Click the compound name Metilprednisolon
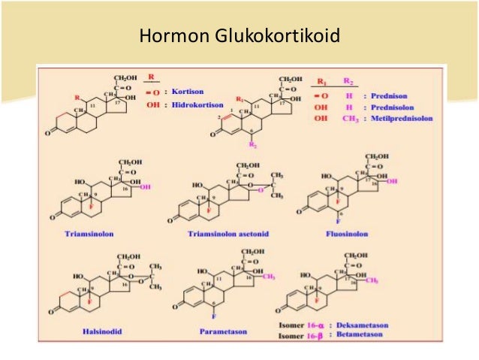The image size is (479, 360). click(x=419, y=118)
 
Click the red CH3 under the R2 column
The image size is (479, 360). click(x=349, y=118)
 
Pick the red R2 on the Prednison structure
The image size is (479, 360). click(x=254, y=144)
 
